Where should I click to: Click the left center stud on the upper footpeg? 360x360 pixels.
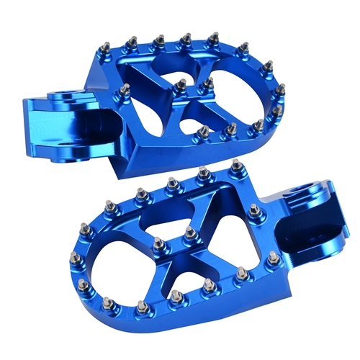181,86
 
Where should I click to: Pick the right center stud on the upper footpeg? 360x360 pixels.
208,83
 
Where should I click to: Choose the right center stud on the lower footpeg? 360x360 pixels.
190,232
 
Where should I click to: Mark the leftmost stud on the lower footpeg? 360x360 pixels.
84,228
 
